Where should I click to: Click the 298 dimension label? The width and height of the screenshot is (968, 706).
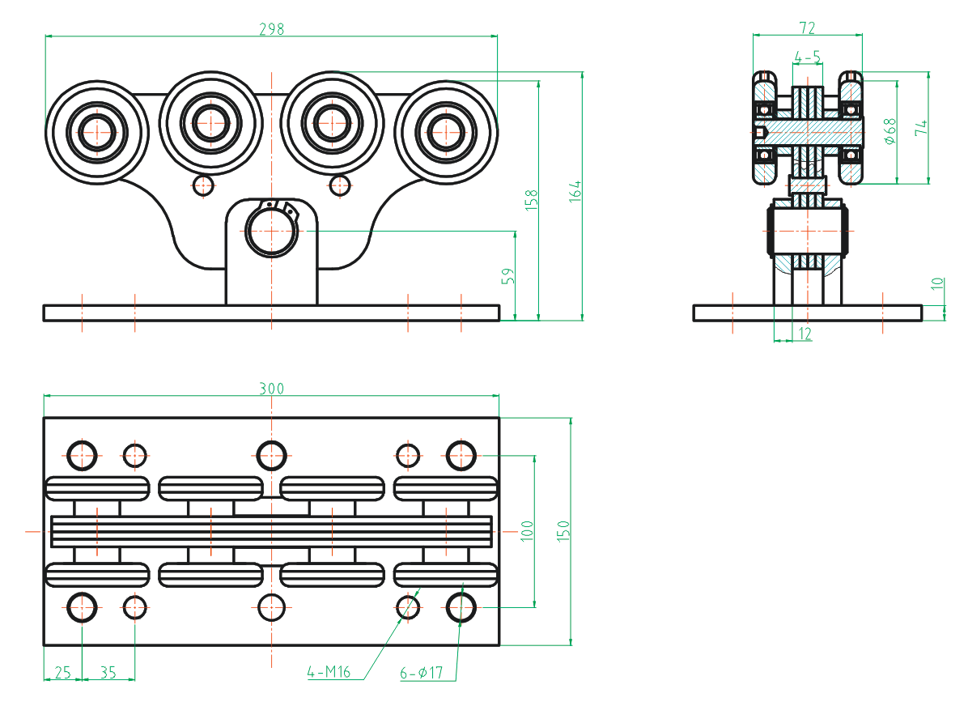(x=271, y=28)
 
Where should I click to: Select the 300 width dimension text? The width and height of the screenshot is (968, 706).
(x=271, y=388)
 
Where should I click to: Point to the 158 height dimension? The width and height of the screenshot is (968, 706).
(x=532, y=200)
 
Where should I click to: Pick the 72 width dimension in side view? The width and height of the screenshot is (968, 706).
(x=807, y=28)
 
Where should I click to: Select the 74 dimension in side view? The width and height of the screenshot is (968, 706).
(x=921, y=127)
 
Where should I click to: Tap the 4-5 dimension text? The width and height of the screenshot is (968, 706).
(x=807, y=57)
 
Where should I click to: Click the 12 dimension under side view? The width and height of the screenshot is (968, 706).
(x=805, y=333)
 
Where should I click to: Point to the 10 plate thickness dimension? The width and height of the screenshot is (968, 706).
(x=937, y=283)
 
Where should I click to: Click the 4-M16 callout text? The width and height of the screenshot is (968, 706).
(x=329, y=672)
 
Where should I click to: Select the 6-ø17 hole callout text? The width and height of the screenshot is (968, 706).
(x=422, y=673)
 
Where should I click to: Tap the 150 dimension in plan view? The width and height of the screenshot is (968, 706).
(x=564, y=530)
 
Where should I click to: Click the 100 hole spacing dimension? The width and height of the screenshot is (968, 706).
(x=527, y=530)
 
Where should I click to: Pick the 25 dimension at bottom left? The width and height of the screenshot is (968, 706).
(x=62, y=672)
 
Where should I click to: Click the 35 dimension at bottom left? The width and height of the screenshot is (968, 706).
(x=108, y=672)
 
